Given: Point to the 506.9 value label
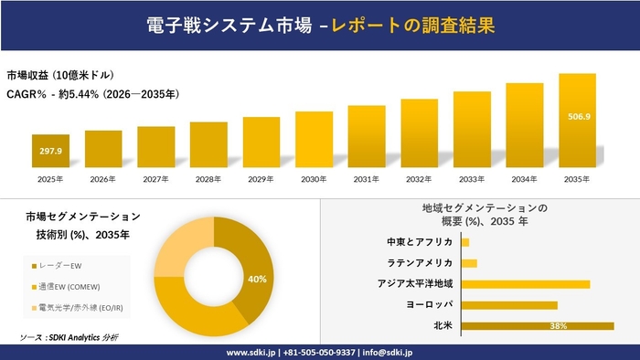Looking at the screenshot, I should [x=577, y=116].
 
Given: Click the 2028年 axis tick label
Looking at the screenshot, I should [x=208, y=179].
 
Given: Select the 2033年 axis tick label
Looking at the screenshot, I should [x=472, y=179].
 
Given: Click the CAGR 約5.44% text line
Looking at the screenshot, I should [x=91, y=93].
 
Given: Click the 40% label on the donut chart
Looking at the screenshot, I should [x=257, y=279].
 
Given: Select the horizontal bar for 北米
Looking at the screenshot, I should [x=538, y=325].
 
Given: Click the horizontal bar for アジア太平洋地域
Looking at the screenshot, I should [x=526, y=284].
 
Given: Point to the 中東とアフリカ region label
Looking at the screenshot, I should [x=420, y=242].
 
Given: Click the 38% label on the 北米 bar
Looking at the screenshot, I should [x=559, y=325].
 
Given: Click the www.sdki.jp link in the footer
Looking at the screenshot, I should [x=251, y=352].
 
